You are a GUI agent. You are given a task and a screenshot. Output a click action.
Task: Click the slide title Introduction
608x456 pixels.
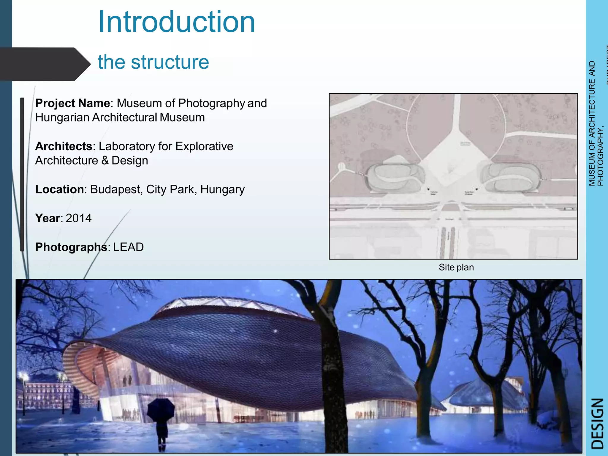coord(176,22)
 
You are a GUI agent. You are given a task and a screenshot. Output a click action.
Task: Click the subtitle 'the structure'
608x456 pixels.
coord(153,62)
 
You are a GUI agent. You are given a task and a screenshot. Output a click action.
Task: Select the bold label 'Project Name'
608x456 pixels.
coord(72,103)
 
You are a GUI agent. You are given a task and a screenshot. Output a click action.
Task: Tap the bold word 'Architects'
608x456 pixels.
coord(64,146)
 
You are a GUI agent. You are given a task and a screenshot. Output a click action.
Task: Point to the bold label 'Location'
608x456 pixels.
coord(59,189)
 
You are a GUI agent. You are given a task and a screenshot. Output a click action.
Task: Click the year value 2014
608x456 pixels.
coord(79,218)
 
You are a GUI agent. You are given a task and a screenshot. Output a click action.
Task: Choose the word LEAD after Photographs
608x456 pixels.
coord(128,247)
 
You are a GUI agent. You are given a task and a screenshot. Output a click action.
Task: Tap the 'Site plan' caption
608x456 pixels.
coord(456,267)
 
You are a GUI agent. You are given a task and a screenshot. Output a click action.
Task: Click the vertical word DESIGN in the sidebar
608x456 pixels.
coord(597,423)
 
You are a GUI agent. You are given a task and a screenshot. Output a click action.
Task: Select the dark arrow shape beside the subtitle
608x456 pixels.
coord(45,64)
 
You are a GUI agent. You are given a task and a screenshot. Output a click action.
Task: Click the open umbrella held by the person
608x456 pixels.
coord(161,410)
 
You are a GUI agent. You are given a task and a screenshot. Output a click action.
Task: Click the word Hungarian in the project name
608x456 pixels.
coord(62,118)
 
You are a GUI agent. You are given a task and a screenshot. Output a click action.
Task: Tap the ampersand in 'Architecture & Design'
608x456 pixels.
coord(105,161)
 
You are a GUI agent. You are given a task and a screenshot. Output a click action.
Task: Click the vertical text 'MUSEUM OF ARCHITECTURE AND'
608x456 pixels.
coord(592,123)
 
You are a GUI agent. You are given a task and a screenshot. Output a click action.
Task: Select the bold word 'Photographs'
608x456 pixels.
coord(71,247)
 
